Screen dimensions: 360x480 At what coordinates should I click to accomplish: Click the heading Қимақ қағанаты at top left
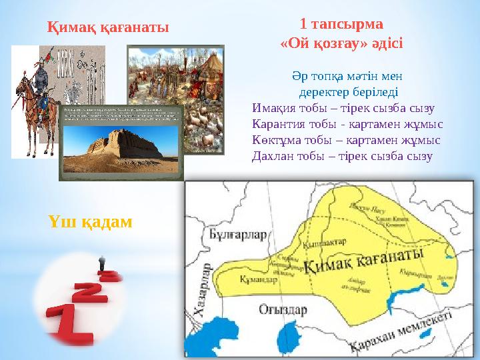pyautogui.click(x=108, y=27)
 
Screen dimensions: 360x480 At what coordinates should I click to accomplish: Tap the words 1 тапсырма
pyautogui.click(x=341, y=24)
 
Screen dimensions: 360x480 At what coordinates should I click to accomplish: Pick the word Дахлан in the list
pyautogui.click(x=271, y=157)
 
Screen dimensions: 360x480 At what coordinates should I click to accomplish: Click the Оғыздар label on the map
pyautogui.click(x=282, y=310)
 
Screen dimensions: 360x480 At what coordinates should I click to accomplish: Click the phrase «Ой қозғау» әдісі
pyautogui.click(x=341, y=42)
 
